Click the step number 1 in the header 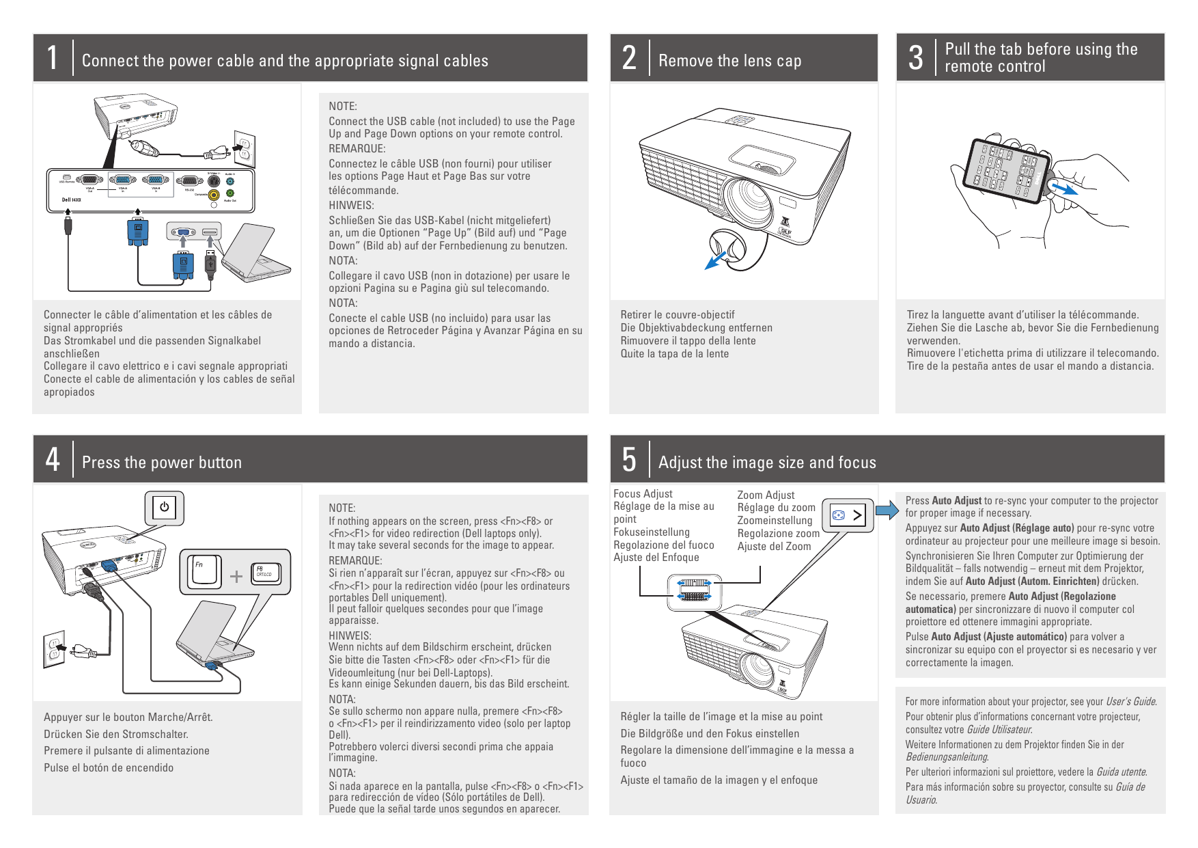click(53, 58)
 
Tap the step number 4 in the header click(53, 460)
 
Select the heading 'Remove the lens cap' click(729, 61)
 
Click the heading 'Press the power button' click(162, 463)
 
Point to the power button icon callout click(164, 508)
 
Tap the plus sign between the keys click(236, 576)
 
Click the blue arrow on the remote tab click(1063, 187)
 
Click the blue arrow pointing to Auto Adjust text click(887, 510)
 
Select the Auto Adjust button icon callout click(848, 515)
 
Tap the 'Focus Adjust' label click(643, 493)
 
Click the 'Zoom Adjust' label click(766, 495)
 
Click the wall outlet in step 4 click(54, 648)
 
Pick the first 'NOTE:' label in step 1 click(343, 106)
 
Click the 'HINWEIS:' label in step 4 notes click(350, 635)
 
